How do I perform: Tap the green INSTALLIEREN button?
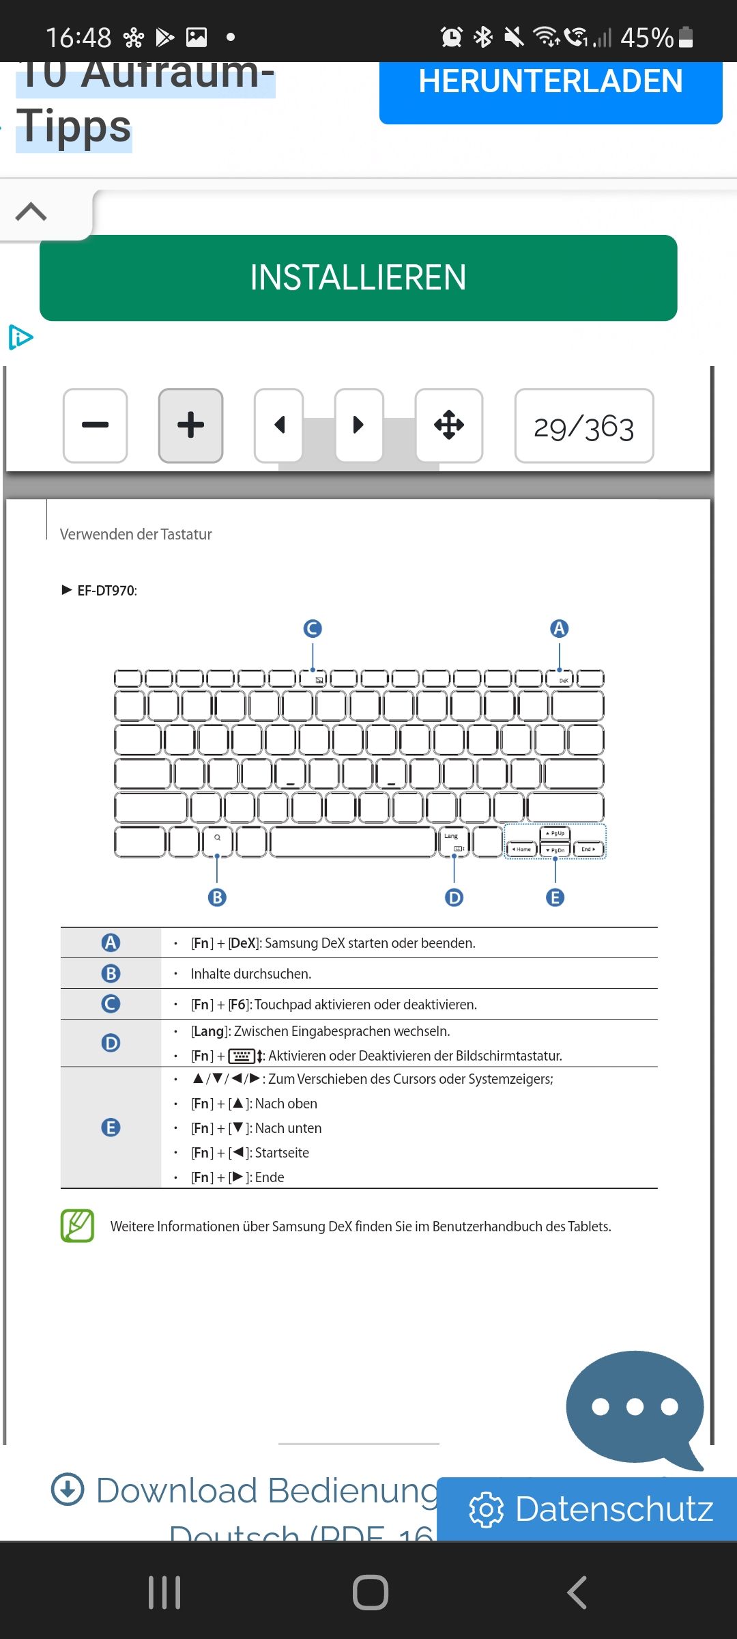pos(358,278)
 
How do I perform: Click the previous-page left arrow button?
pos(278,425)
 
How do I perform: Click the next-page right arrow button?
pos(358,425)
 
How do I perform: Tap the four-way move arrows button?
pos(449,425)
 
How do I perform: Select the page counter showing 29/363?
pos(583,427)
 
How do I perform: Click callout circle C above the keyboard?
pos(313,628)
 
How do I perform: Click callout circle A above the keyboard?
pos(560,628)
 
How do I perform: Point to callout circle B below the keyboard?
pos(217,897)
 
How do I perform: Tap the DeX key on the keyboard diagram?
pos(563,679)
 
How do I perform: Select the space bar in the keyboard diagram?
pos(353,842)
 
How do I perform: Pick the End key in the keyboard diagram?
pos(588,849)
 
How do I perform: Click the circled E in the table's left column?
pos(111,1127)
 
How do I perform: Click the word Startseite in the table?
pos(282,1153)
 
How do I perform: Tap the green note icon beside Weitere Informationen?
pos(77,1226)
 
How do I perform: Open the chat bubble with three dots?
pos(635,1407)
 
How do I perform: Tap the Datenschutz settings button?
pos(591,1509)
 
